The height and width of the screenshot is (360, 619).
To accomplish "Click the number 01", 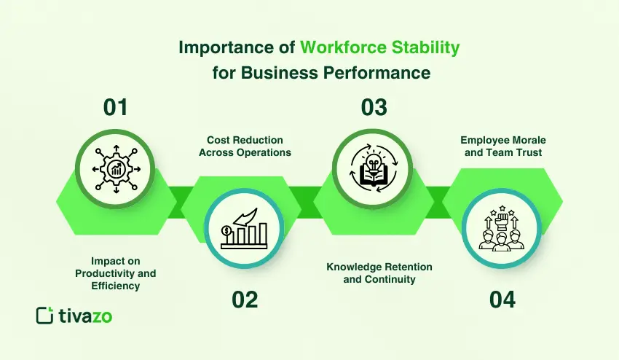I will (116, 107).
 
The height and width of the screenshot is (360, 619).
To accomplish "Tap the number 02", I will (245, 299).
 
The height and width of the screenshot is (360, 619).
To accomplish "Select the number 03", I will (374, 107).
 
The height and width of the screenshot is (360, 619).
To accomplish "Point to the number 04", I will (502, 299).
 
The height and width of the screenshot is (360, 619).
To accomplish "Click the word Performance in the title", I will (385, 73).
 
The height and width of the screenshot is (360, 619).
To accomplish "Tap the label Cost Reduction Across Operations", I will (245, 146).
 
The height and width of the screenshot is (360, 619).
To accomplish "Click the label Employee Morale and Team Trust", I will (502, 146).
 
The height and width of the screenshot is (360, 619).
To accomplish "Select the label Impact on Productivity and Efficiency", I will (116, 273).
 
